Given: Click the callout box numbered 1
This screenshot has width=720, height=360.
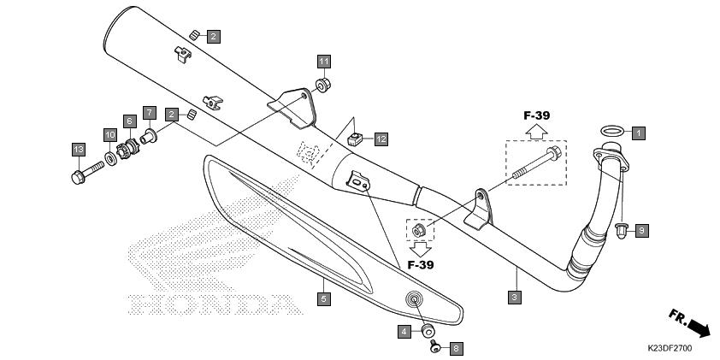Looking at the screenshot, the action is [x=638, y=133].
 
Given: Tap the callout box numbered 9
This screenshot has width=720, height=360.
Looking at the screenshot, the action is [x=642, y=231].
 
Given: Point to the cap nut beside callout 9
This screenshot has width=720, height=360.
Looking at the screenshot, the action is [x=622, y=231].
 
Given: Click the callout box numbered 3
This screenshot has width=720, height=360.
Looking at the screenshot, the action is [x=514, y=297].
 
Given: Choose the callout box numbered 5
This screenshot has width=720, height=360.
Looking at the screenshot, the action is [x=324, y=299].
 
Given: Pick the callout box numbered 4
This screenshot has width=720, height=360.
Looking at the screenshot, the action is [x=404, y=331].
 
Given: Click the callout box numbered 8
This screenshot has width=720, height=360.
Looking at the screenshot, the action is [x=456, y=349].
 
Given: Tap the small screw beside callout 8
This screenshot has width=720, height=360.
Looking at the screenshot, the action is [x=435, y=345].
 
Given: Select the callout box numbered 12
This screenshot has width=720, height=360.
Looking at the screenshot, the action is [x=381, y=139].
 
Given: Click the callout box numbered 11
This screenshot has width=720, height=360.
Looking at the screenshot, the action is [x=324, y=62].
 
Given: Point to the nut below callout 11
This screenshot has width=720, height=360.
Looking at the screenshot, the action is [x=323, y=86].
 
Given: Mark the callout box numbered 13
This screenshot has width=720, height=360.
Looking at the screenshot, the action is [x=79, y=150].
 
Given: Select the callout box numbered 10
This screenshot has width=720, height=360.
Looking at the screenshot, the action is [x=109, y=135].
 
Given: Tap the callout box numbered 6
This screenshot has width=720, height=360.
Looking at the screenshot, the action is [x=129, y=121].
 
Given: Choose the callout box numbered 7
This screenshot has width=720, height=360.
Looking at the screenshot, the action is [x=150, y=113].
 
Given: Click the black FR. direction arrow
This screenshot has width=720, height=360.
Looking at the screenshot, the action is [x=698, y=328].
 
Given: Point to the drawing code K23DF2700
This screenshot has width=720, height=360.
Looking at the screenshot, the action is [x=670, y=348].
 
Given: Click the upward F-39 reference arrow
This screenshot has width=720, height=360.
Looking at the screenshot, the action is [x=536, y=132].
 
